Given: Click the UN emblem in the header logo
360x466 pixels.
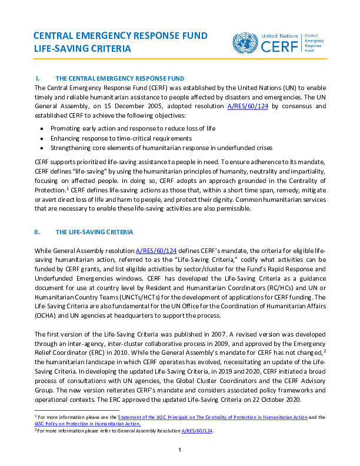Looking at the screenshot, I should (244, 43).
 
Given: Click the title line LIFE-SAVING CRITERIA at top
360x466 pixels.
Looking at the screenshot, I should (82, 49).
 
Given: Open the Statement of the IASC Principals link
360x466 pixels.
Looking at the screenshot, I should (211, 417).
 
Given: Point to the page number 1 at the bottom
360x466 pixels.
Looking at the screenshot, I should (179, 451).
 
